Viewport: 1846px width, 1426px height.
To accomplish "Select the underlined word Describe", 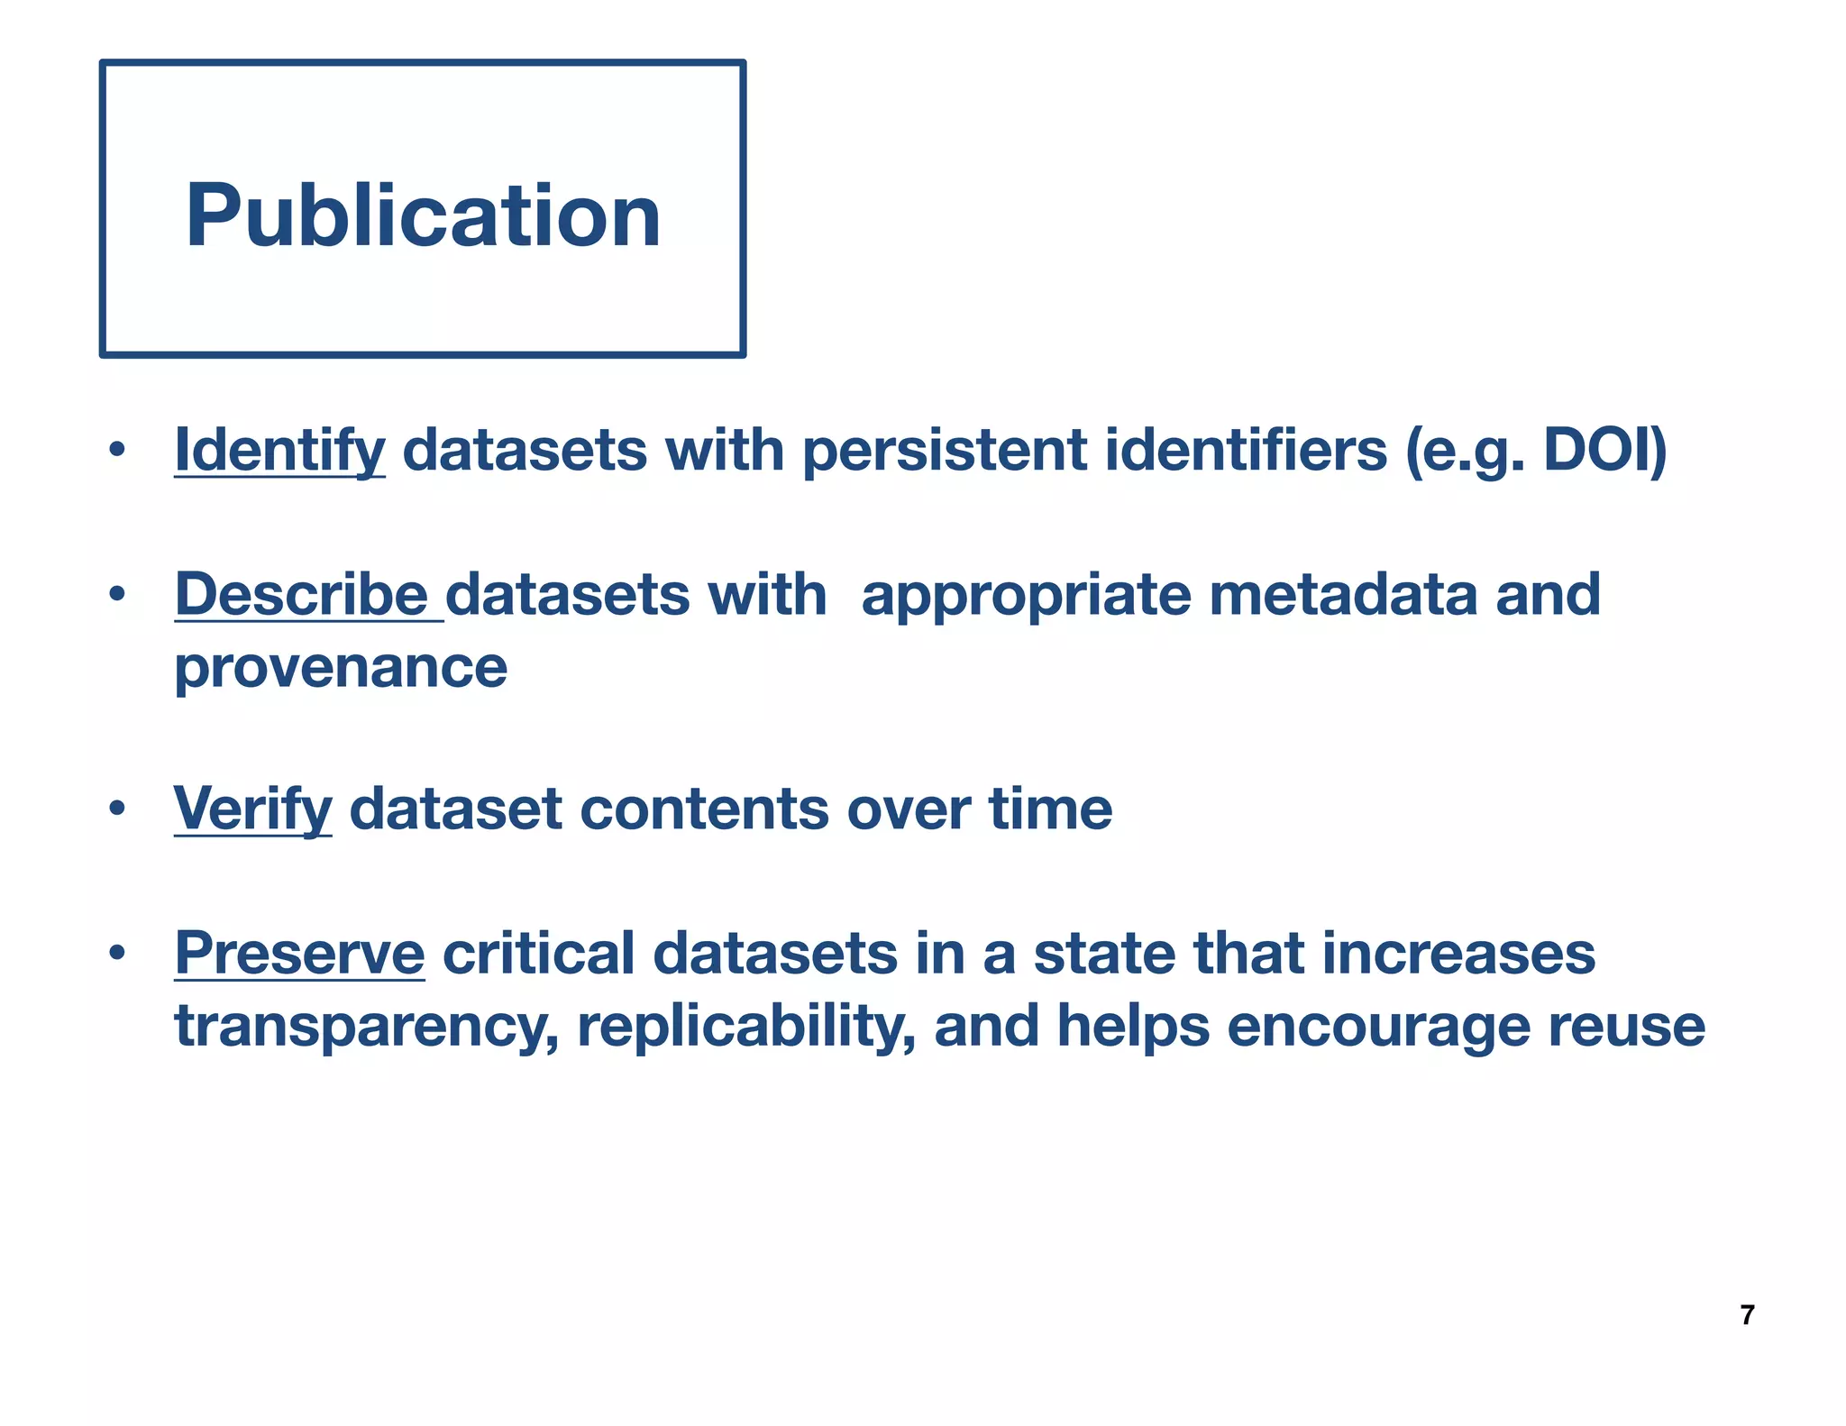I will tap(301, 594).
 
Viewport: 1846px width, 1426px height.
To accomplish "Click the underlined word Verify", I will tap(252, 809).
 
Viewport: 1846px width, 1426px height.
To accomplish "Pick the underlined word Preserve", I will tap(299, 953).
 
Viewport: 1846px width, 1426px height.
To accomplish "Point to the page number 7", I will tap(1747, 1315).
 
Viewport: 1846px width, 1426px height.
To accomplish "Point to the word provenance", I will tap(341, 667).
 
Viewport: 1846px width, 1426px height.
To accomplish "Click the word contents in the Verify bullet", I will tap(704, 809).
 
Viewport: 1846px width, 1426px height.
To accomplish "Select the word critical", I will tap(538, 953).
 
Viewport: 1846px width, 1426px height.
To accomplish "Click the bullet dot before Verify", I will tap(116, 809).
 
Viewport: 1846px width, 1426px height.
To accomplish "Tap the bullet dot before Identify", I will tap(116, 449).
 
